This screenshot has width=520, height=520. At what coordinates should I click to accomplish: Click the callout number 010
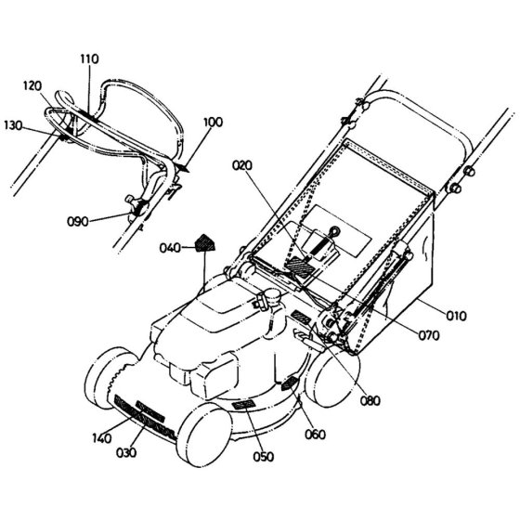456,316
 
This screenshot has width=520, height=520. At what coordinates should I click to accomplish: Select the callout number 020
242,165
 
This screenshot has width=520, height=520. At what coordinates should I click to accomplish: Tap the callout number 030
126,452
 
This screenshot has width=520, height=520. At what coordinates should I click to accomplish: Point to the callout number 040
170,248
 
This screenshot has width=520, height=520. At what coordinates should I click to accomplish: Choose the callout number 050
264,457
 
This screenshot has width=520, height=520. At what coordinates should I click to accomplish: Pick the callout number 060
315,435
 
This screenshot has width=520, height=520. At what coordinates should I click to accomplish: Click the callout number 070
429,335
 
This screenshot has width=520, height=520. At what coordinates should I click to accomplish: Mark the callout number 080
370,400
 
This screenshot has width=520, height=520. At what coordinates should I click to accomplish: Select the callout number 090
78,221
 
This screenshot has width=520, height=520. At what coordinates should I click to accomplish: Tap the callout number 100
213,122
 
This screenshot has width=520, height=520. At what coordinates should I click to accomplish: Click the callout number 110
89,58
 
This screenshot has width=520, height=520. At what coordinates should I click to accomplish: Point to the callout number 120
32,85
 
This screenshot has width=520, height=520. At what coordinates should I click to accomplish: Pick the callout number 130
13,125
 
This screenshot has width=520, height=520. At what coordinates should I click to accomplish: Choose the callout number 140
102,438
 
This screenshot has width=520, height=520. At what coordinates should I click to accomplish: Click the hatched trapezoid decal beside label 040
204,243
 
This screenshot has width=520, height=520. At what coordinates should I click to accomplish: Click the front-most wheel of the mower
203,435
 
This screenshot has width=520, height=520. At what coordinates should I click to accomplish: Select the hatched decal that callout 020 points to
301,266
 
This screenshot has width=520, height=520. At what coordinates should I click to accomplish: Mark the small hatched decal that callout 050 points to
243,405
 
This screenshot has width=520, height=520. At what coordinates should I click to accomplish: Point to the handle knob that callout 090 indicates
136,206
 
